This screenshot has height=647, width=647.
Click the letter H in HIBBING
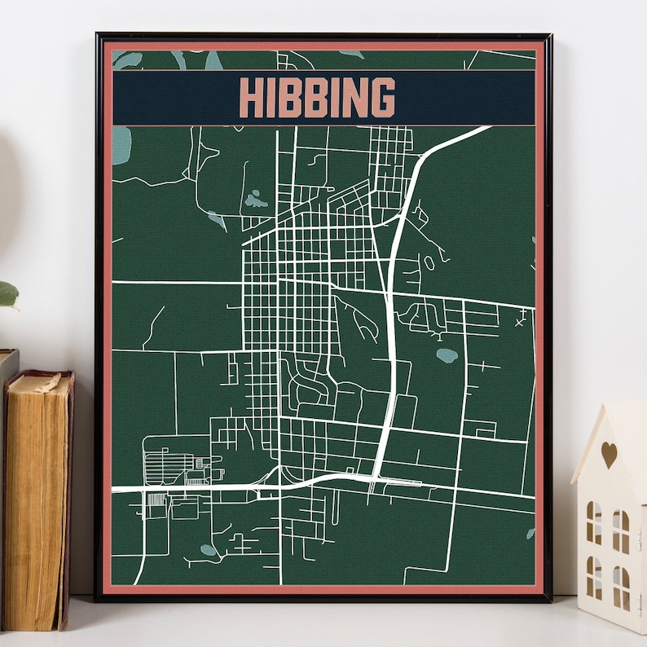pos(250,98)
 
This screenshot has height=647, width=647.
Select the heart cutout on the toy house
pos(609,453)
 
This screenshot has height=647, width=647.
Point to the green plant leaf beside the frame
pos(7,293)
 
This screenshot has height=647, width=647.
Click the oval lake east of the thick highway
pos(446,355)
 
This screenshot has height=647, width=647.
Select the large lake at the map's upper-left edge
pos(121,147)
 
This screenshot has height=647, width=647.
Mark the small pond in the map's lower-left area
pos(209,550)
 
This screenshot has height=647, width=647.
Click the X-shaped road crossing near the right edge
pos(521,322)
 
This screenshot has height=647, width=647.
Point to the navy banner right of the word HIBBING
pos(464,98)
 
